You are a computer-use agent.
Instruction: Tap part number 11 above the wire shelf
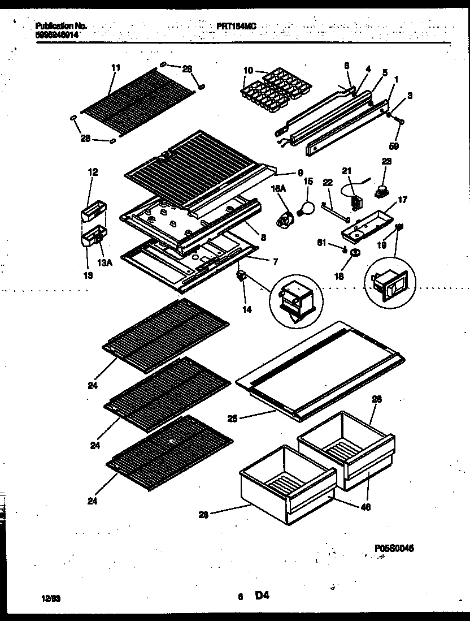point(115,68)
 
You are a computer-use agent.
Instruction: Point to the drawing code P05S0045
point(394,548)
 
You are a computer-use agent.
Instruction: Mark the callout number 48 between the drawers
point(365,507)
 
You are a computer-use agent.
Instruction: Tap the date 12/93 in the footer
point(51,597)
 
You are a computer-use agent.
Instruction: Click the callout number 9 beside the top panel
point(301,173)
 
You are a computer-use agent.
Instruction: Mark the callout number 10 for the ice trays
point(248,71)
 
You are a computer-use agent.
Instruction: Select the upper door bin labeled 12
point(92,214)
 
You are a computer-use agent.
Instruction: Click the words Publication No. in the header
point(60,26)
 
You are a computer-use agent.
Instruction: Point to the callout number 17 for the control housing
point(402,199)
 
